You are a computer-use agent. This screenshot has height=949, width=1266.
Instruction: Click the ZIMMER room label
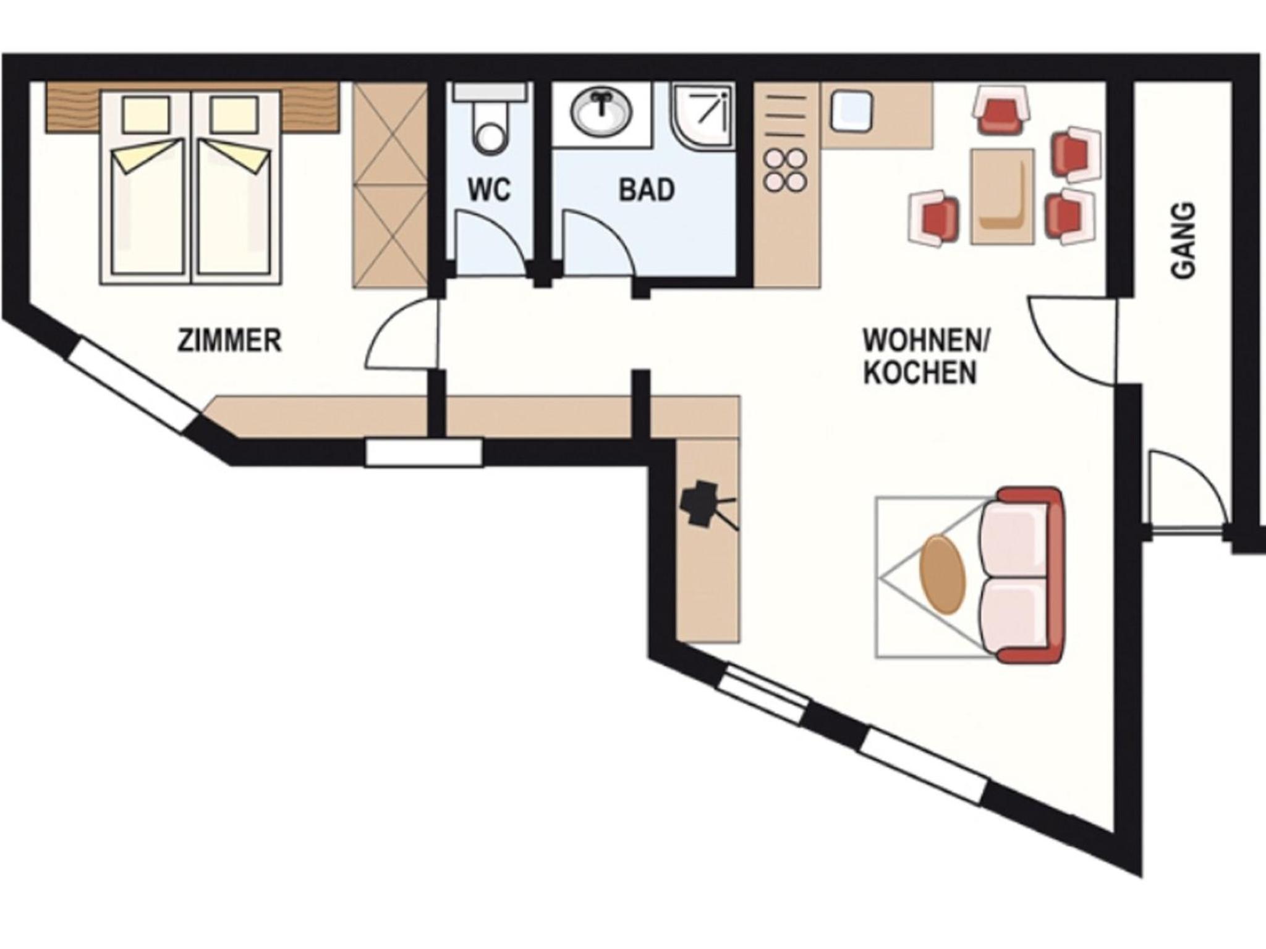click(x=229, y=340)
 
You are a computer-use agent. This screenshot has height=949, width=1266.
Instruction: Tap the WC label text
click(x=489, y=190)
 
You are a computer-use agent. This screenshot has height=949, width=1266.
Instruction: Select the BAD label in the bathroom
click(x=647, y=190)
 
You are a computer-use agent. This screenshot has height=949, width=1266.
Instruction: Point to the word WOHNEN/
click(x=926, y=340)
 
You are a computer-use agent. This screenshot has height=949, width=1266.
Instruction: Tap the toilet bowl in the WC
click(x=490, y=127)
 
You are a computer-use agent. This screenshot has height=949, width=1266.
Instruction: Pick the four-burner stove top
click(x=785, y=171)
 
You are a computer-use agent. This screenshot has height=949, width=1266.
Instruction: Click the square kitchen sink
click(x=851, y=112)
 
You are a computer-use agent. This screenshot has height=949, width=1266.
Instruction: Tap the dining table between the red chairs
click(x=1002, y=196)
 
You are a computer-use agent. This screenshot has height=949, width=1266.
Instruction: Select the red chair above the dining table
click(x=1001, y=110)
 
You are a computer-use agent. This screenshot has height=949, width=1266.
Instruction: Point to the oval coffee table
click(x=942, y=575)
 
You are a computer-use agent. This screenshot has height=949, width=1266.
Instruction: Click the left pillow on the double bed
click(x=147, y=114)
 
